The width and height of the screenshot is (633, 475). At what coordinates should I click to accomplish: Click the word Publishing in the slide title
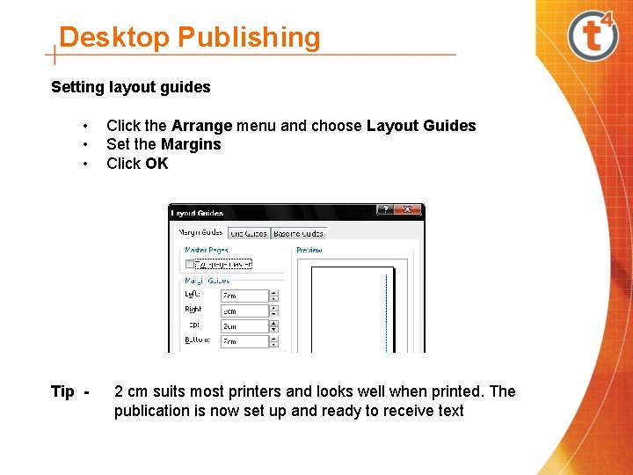coord(249,38)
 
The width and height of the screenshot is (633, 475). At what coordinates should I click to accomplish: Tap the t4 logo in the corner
coord(593,35)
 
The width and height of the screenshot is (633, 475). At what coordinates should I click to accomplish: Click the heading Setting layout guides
coord(131,87)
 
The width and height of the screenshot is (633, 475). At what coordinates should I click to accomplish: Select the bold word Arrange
coord(202,126)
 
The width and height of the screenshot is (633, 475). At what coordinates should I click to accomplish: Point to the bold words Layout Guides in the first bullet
coord(421,126)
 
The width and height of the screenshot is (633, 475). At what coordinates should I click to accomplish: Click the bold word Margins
coord(191,144)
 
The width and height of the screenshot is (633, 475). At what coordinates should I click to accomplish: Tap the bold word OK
coord(156,164)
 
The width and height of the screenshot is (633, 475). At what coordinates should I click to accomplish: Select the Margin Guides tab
coord(200,233)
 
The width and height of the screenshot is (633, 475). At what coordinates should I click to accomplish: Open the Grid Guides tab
coord(249,233)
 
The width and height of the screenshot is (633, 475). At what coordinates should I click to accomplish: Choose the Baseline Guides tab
coord(299,233)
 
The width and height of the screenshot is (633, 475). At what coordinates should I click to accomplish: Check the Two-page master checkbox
coord(190,263)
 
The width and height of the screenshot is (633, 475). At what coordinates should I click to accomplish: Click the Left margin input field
coord(244,296)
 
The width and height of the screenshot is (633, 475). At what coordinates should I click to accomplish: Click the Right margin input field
coord(244,311)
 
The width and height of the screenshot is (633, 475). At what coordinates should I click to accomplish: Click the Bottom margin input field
coord(244,340)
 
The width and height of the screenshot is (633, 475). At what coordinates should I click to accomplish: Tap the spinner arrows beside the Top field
coord(274,325)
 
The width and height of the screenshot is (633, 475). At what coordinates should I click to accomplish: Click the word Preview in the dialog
coord(309,250)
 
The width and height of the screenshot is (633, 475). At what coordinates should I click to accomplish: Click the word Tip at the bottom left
coord(62,391)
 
